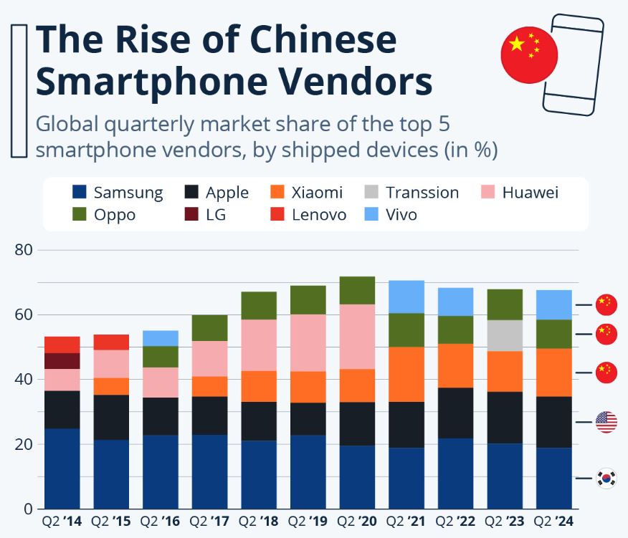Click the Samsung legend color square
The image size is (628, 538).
coord(80,193)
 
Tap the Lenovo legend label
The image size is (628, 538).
coord(318,215)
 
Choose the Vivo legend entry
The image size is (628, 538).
coord(400,215)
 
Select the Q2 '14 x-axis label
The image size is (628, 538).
coord(62,522)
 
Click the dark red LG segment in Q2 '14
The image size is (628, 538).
coord(62,361)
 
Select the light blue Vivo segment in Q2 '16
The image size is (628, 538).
coord(160,338)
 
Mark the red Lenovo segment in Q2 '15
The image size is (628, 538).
coord(111,342)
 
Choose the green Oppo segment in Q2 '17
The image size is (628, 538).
coord(209,328)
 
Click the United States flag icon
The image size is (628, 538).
coord(606,422)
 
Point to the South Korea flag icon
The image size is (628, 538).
coord(606,477)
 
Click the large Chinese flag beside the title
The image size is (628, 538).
coord(529,56)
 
